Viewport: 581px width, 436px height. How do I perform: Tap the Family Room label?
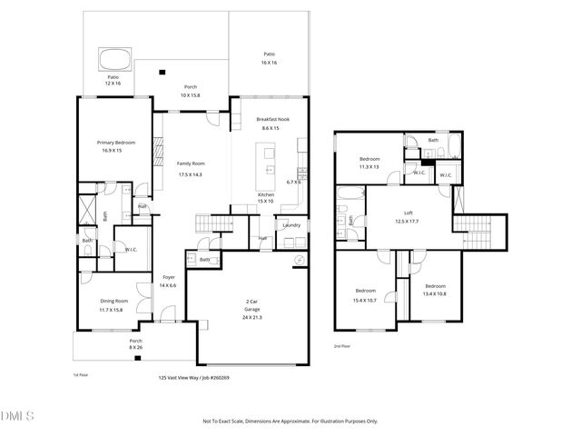[x=190, y=163]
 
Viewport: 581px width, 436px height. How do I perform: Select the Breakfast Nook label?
[x=272, y=120]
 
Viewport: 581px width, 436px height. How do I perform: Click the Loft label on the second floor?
[x=408, y=212]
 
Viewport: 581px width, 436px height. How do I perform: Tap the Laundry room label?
[x=291, y=224]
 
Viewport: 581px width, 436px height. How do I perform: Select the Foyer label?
[x=169, y=277]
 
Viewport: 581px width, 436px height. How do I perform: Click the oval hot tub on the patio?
[x=113, y=61]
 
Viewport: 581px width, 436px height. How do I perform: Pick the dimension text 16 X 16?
[x=269, y=63]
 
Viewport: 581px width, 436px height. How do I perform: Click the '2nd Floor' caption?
[x=342, y=346]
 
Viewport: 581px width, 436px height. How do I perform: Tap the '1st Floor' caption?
[x=81, y=373]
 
